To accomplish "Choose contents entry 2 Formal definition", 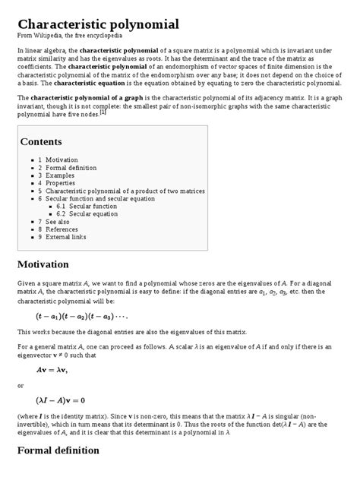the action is coord(64,169).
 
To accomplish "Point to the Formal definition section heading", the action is coord(58,450).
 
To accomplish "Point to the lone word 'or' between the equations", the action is coord(21,385).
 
